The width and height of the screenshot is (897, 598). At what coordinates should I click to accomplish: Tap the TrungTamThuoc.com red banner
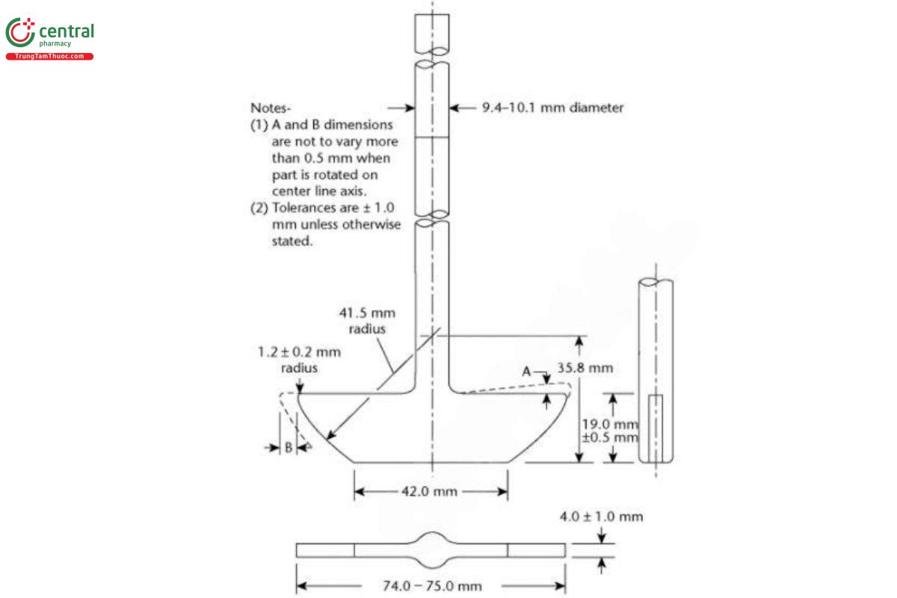click(x=49, y=57)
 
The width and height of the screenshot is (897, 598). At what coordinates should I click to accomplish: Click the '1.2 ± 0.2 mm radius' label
click(x=299, y=359)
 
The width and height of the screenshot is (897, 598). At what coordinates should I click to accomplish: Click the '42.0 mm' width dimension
click(x=431, y=492)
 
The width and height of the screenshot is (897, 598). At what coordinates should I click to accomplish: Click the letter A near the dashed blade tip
click(x=527, y=372)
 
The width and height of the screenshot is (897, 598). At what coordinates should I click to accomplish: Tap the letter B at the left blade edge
click(x=288, y=448)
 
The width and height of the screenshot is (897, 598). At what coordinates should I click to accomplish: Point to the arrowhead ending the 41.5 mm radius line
click(x=330, y=436)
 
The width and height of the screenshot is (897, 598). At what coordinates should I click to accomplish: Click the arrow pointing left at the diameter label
click(x=458, y=108)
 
